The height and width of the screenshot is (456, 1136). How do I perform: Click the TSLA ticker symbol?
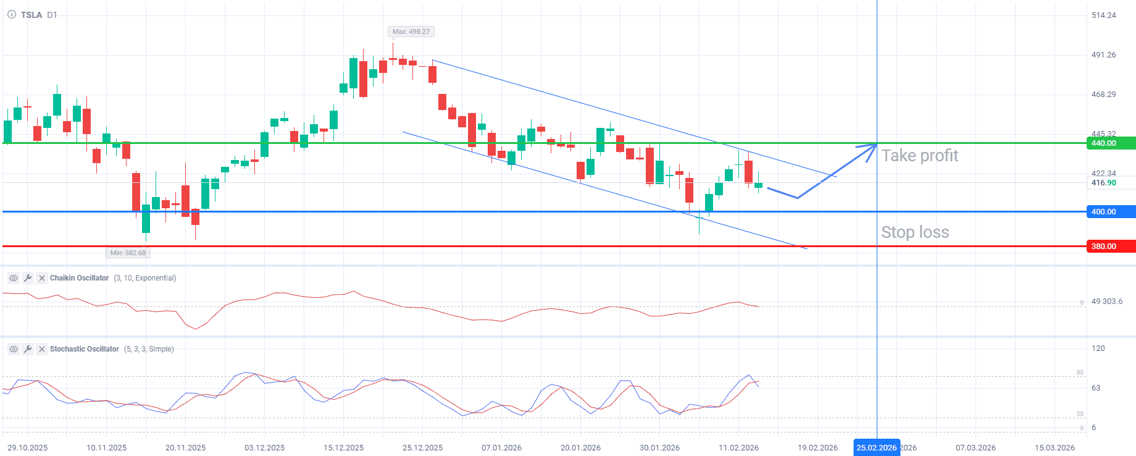31,15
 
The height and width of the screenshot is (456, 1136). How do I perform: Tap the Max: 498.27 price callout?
411,32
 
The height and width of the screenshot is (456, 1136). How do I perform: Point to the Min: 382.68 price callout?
128,253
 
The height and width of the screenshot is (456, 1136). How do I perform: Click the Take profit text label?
919,156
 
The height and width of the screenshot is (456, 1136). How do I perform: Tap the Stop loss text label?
915,232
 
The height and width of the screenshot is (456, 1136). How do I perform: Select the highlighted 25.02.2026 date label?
876,448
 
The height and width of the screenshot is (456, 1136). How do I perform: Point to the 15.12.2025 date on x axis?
344,448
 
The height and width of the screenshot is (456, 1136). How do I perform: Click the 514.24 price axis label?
1103,15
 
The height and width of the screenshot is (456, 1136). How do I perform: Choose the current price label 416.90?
1103,183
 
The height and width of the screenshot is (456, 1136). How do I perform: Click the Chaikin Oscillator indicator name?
79,278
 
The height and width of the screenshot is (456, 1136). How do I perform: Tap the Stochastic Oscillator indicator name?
84,349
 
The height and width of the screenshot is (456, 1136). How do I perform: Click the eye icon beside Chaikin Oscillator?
13,278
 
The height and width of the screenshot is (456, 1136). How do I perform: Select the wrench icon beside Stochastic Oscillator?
28,349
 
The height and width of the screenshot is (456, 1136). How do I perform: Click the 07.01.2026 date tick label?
501,448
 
